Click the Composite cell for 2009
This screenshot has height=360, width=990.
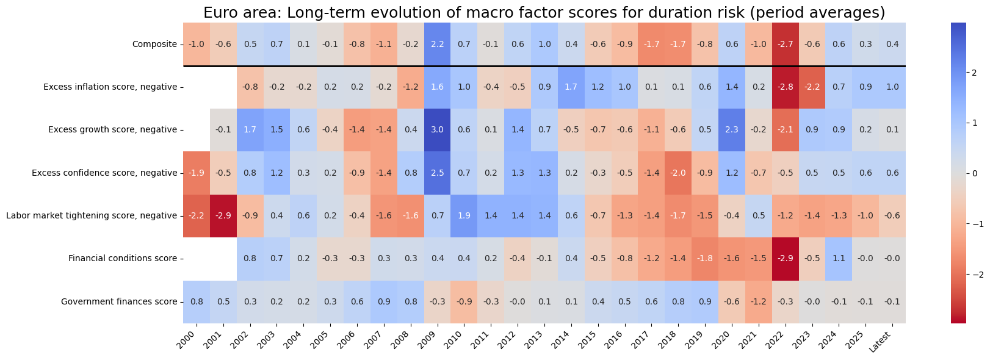click(x=437, y=45)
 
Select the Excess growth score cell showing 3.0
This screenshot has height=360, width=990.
click(x=437, y=130)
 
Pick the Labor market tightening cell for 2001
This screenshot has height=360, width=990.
click(x=223, y=216)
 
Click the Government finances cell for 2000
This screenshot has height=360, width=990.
click(x=197, y=301)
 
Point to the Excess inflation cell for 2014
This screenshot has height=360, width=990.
click(x=571, y=87)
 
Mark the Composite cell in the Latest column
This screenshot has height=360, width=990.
click(x=892, y=45)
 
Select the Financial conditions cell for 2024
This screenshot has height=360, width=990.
click(x=839, y=259)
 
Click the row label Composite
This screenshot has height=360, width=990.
click(x=154, y=45)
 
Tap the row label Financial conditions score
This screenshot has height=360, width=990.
click(x=122, y=259)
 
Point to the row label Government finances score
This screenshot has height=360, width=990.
click(x=119, y=301)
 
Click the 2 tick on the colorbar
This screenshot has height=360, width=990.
click(x=974, y=73)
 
